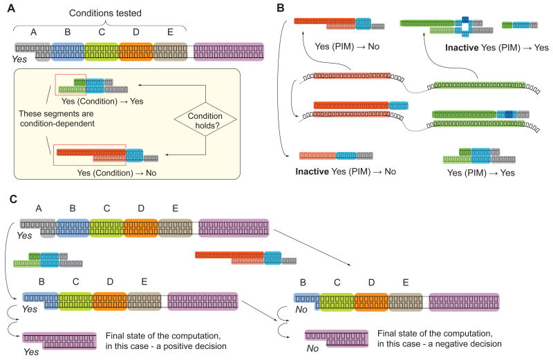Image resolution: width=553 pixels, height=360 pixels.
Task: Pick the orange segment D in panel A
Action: pyautogui.click(x=135, y=50)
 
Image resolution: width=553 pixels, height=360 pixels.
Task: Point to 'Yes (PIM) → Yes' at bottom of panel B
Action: pyautogui.click(x=484, y=172)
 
